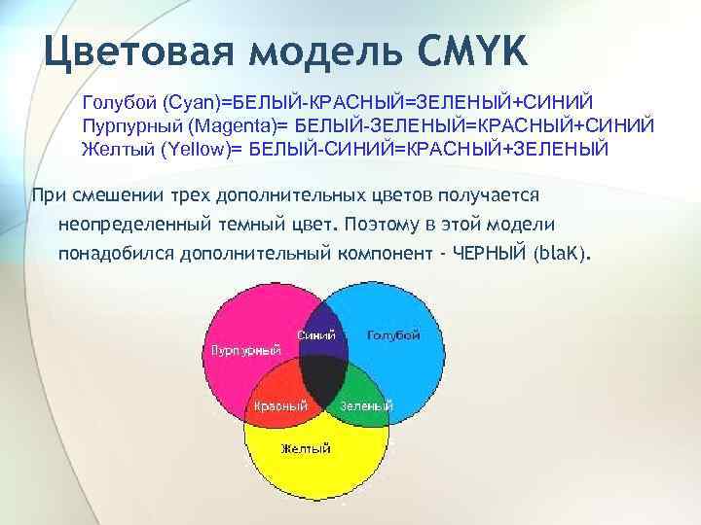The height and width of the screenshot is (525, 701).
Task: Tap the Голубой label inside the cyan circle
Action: [x=393, y=335]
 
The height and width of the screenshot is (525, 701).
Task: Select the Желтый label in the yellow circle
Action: [x=306, y=448]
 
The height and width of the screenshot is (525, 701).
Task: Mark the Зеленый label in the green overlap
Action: [x=366, y=405]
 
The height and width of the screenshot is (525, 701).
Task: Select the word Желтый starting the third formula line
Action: [x=113, y=150]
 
